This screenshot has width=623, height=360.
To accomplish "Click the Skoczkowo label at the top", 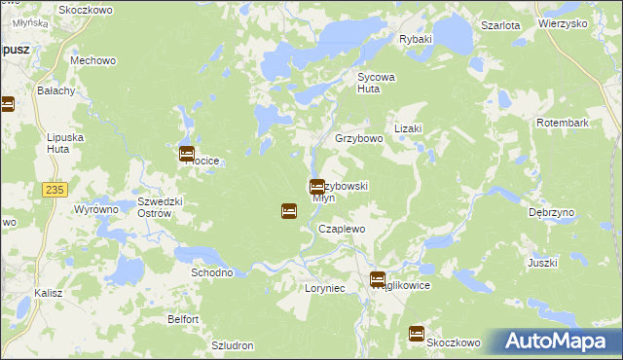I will click(x=86, y=9).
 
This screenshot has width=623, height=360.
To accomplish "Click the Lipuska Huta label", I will click(x=65, y=144).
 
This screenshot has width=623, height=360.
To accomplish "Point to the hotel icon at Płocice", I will click(x=187, y=154).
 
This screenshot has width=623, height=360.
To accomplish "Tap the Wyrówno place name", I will click(x=96, y=209).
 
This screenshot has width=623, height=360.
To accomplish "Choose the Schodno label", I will click(x=211, y=272).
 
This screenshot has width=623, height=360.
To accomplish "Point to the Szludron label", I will click(x=232, y=345).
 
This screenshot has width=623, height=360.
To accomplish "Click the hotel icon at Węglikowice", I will click(x=378, y=279).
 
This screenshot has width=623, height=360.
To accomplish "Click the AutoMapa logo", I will click(x=554, y=342).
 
